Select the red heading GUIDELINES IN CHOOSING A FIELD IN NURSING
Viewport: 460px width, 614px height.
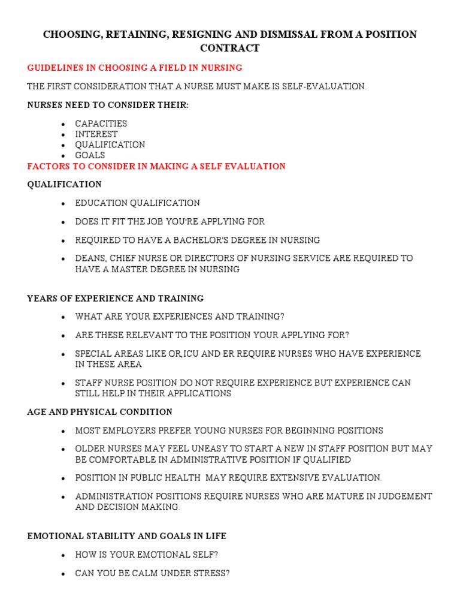135,67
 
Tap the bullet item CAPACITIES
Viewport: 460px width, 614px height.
101,124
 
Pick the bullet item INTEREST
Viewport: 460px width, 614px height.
96,134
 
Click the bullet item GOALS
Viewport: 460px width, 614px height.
90,155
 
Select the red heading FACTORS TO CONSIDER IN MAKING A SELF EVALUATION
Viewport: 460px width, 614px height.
156,166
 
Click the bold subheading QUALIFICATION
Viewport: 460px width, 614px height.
65,184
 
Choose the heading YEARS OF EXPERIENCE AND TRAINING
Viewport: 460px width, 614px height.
116,298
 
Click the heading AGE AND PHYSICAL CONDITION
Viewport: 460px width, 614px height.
100,412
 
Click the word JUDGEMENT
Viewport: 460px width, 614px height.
401,496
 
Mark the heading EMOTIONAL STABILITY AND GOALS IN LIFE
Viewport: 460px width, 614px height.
127,536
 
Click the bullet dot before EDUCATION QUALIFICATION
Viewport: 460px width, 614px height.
63,203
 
